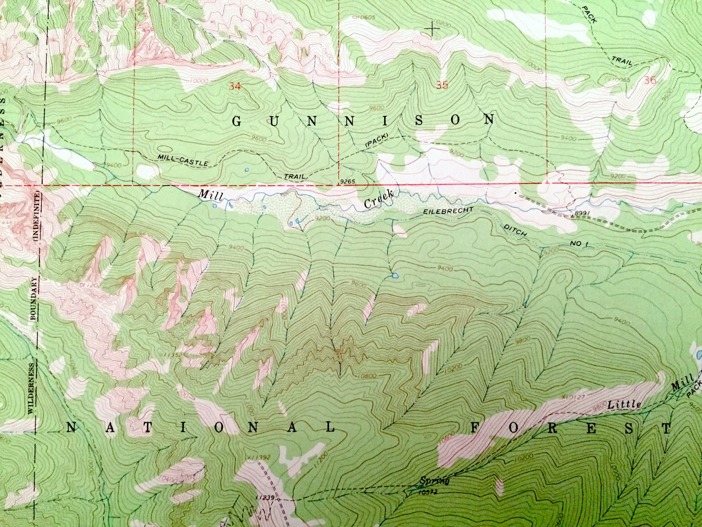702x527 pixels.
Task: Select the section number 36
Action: pyautogui.click(x=650, y=81)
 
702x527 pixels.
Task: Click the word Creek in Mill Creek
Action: pyautogui.click(x=379, y=199)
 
